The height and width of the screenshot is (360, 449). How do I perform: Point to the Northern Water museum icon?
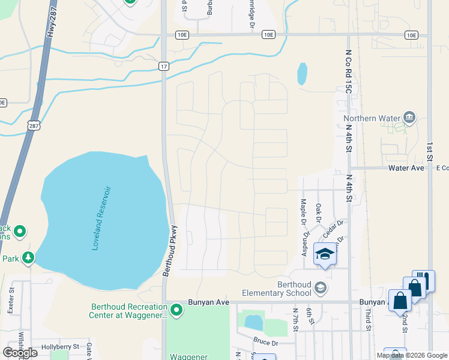coord(410,116)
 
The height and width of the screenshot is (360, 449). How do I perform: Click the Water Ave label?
coord(407,168)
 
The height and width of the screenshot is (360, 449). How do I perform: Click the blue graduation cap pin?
coord(325,254)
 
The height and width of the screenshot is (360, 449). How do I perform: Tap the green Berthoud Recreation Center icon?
coord(176,310)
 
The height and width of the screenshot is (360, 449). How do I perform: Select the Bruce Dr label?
coord(265,343)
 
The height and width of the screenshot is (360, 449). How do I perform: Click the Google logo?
coord(20,353)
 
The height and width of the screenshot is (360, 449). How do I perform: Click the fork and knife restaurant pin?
coord(423,280)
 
